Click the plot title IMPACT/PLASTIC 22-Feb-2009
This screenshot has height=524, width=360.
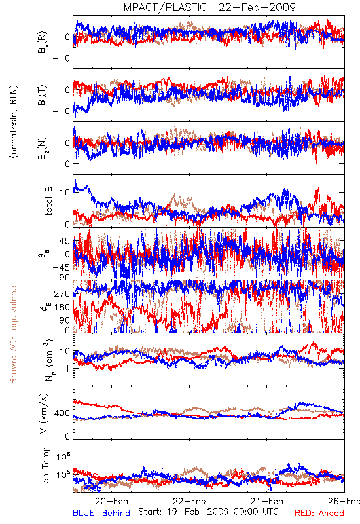tap(208, 7)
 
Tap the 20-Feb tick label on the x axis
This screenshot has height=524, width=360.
tap(111, 501)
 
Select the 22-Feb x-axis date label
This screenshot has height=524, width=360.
tap(189, 501)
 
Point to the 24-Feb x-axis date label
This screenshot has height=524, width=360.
tap(266, 501)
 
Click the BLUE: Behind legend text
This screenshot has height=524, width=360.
tap(101, 513)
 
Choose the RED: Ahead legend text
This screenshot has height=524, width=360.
tap(319, 513)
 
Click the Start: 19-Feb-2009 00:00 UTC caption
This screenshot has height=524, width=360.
tap(208, 512)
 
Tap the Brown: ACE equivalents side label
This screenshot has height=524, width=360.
tap(13, 333)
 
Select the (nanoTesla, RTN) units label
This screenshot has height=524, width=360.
tap(14, 122)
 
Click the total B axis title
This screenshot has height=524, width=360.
tap(48, 200)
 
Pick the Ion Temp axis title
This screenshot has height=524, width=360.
tap(46, 466)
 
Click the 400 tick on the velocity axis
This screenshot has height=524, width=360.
tap(62, 413)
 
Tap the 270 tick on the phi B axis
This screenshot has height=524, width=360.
tap(62, 293)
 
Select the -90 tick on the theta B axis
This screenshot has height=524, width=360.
tap(61, 277)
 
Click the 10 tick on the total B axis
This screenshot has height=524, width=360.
tap(65, 192)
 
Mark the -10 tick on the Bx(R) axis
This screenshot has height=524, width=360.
tap(61, 58)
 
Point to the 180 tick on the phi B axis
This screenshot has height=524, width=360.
tap(62, 307)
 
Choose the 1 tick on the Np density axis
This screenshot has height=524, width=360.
tap(67, 369)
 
